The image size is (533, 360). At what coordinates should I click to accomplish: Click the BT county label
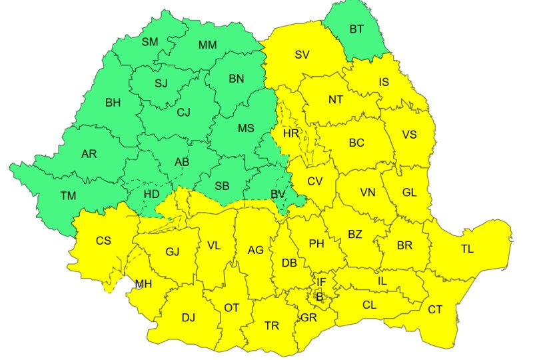(357, 29)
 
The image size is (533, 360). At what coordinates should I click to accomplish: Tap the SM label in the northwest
(150, 42)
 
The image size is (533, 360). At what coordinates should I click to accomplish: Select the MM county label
(208, 45)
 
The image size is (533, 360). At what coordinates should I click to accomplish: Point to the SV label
(304, 55)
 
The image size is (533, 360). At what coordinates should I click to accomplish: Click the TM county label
(69, 196)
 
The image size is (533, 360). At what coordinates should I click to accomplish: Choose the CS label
(103, 241)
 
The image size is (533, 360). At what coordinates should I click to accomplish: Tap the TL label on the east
(467, 249)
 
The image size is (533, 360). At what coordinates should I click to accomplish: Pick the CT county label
(435, 309)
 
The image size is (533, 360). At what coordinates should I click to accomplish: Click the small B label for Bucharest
(319, 297)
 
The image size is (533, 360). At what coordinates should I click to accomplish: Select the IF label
(321, 283)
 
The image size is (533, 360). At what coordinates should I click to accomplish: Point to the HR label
(291, 133)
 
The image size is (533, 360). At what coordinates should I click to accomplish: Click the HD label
(153, 194)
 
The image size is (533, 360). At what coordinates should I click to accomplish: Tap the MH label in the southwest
(143, 284)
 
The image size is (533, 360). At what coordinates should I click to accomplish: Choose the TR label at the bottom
(272, 326)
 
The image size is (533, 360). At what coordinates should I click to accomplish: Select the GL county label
(409, 192)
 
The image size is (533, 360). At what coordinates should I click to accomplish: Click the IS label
(384, 82)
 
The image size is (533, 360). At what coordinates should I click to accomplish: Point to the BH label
(113, 103)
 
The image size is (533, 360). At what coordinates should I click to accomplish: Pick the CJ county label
(184, 113)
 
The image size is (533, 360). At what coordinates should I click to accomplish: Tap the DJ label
(189, 317)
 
